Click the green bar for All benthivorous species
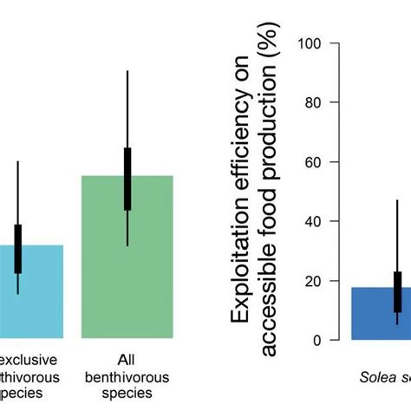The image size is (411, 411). coord(127,277)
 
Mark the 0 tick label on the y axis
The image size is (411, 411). coord(319,340)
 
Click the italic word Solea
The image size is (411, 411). coord(380,376)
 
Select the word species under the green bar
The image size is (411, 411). coord(127,392)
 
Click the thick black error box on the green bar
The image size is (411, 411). coord(127,179)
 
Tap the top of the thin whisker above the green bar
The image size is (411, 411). coord(127,71)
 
